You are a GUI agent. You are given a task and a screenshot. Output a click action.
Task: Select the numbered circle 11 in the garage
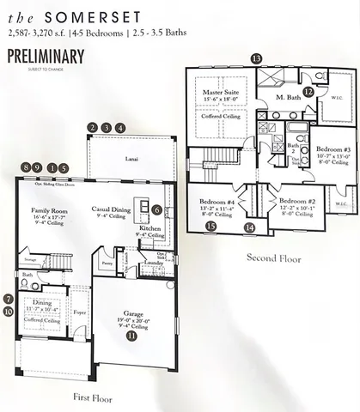tap(131, 337)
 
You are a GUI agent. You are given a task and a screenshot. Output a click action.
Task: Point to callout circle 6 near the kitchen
tap(157, 209)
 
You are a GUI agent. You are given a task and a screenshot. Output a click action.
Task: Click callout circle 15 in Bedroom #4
tap(211, 227)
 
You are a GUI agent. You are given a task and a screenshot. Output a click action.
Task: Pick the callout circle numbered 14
tap(249, 227)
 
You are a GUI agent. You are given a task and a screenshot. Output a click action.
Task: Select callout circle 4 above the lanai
tap(120, 128)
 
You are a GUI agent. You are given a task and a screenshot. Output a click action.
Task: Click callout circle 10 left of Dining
tap(8, 312)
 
